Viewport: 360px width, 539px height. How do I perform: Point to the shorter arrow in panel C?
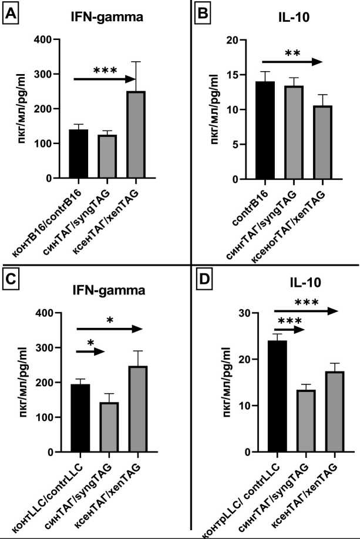point(89,351)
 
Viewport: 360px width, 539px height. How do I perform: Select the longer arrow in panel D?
point(307,310)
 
